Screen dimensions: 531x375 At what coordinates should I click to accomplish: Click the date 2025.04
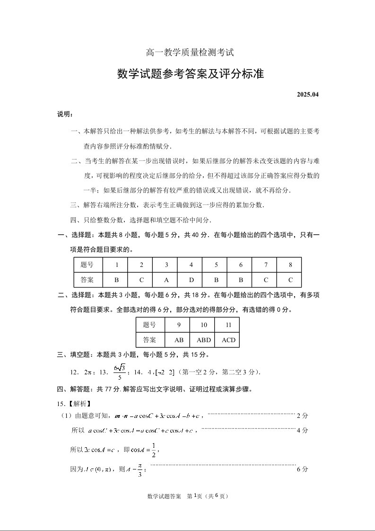click(308, 94)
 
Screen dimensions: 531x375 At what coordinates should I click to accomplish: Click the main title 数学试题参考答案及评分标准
click(190, 74)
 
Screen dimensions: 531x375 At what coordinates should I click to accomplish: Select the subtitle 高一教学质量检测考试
click(190, 53)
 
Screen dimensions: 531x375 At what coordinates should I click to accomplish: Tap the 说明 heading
click(65, 114)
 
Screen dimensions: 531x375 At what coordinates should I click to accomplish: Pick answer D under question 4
click(192, 280)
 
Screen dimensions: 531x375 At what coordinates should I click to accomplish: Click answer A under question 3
click(166, 280)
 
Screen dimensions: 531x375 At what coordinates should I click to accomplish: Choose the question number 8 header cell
click(290, 265)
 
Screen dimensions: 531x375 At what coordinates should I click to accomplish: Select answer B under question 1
click(117, 280)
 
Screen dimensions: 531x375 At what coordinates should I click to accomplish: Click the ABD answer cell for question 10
click(204, 340)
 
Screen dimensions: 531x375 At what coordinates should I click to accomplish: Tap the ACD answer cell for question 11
click(228, 340)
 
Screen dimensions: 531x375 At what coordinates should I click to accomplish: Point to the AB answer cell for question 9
click(179, 340)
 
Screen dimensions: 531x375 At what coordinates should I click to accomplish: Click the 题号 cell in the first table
click(87, 265)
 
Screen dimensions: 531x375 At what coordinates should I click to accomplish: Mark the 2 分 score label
click(302, 416)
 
